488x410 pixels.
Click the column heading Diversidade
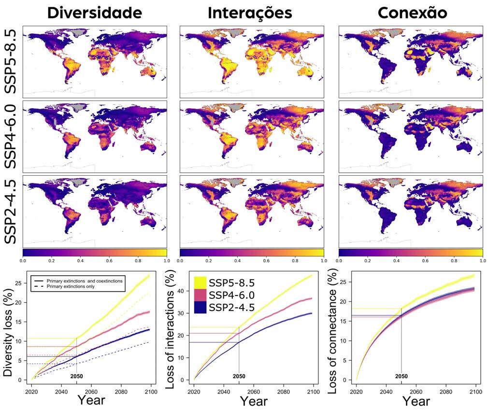(x=95, y=13)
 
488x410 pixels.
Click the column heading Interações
(x=250, y=13)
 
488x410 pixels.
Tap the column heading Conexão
(x=412, y=13)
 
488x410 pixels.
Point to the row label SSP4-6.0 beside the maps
(x=11, y=135)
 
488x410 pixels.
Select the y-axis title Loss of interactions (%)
(x=171, y=328)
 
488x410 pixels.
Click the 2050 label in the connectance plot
(x=401, y=376)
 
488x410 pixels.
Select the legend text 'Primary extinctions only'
(x=71, y=286)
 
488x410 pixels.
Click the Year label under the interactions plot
(x=254, y=400)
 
